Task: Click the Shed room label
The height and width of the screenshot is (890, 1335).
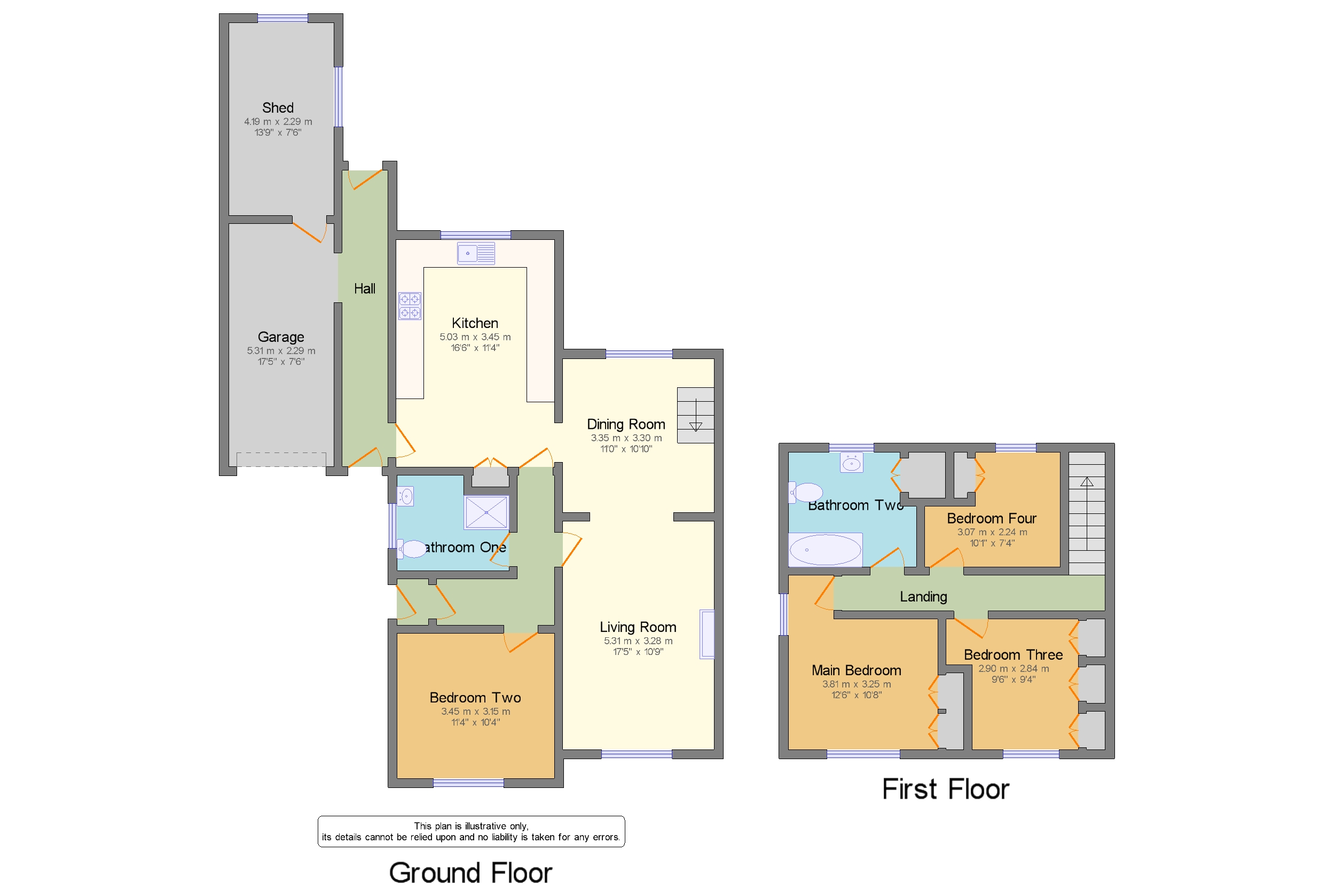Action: [x=278, y=108]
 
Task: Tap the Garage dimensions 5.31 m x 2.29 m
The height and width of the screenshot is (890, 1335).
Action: [x=281, y=351]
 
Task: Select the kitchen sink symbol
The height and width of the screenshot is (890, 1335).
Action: [x=475, y=253]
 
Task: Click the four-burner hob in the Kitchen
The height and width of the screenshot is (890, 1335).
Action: [x=409, y=306]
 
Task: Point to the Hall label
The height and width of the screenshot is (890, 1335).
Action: [x=364, y=289]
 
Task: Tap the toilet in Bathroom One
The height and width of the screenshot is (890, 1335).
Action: [x=412, y=549]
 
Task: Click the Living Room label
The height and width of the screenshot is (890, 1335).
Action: [x=638, y=627]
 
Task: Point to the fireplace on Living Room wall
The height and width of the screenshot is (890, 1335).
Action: [x=706, y=634]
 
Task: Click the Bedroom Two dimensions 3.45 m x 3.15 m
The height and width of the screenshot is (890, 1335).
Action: [x=475, y=711]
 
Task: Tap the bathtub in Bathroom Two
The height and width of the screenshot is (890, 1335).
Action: [x=825, y=549]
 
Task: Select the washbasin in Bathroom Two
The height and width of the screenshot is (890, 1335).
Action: [x=851, y=463]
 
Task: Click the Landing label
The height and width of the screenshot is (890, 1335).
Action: [x=923, y=597]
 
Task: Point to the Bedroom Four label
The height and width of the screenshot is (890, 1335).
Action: [x=991, y=518]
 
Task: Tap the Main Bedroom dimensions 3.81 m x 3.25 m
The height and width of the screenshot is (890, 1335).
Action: [x=856, y=684]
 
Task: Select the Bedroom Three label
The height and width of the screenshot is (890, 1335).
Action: [x=1013, y=654]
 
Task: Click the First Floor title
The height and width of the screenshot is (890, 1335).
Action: [x=945, y=789]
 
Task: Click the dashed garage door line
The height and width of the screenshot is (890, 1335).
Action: [x=281, y=459]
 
